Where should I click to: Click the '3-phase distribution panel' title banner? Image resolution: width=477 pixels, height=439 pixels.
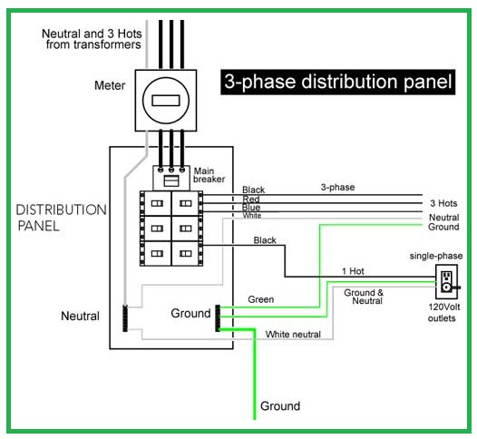tap(336, 83)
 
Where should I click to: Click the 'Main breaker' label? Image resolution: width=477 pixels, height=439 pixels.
tap(209, 175)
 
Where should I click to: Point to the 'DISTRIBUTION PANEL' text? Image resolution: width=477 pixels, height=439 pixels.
tap(61, 217)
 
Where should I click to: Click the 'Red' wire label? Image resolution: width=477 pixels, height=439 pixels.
tap(251, 199)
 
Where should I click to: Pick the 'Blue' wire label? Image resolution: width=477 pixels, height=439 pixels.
tap(252, 208)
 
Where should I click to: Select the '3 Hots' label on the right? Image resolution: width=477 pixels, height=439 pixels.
tap(443, 202)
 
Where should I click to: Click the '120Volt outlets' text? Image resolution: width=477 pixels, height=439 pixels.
tap(443, 313)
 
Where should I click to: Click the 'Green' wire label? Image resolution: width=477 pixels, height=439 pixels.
tap(260, 299)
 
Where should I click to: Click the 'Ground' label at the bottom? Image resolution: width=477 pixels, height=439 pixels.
tap(280, 405)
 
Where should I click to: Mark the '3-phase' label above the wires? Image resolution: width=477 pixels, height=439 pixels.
tap(336, 187)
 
